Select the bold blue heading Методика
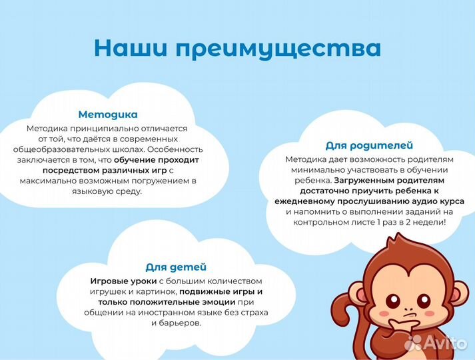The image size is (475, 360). [x=107, y=114]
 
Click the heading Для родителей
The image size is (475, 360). [x=368, y=145]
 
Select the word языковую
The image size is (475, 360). [x=93, y=191]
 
